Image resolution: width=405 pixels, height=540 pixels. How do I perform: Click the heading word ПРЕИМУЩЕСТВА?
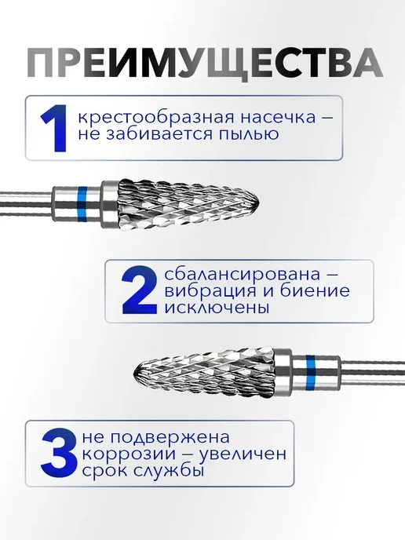[x=205, y=64]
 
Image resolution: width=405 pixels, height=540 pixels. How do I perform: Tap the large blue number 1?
[x=54, y=128]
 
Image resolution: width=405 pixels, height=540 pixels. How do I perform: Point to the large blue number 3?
[x=58, y=451]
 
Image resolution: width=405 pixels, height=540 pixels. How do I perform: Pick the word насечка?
[x=278, y=118]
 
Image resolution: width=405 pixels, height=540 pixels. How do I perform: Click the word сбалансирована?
[x=242, y=274]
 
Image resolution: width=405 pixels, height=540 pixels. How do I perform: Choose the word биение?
[x=315, y=290]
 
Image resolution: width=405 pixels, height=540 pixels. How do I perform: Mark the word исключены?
[x=217, y=308]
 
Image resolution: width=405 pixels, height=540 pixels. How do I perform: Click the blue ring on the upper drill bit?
[x=82, y=204]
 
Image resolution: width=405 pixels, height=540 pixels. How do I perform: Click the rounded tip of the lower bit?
[x=133, y=374]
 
